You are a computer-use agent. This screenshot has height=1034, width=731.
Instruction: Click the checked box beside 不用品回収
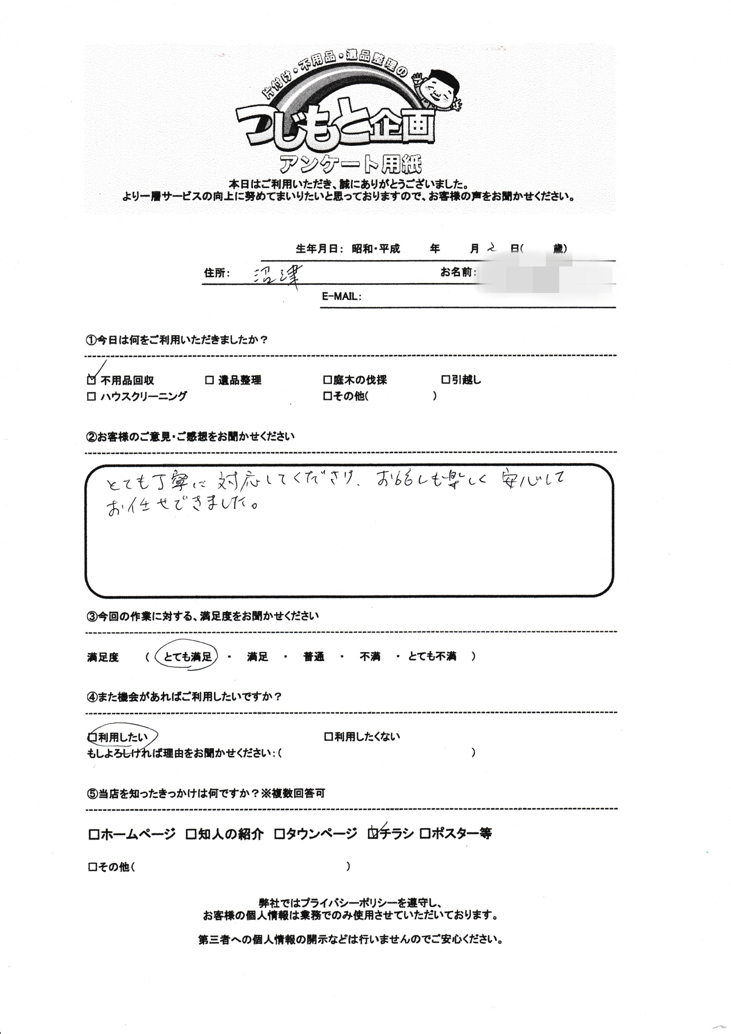pos(91,380)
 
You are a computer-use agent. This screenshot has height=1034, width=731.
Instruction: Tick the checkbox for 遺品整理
pos(209,380)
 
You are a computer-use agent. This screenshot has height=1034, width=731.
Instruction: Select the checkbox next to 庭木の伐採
pos(327,380)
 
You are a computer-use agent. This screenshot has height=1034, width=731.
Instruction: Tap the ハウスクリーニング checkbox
pos(91,396)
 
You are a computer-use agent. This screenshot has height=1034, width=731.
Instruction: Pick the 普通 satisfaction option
pos(314,657)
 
